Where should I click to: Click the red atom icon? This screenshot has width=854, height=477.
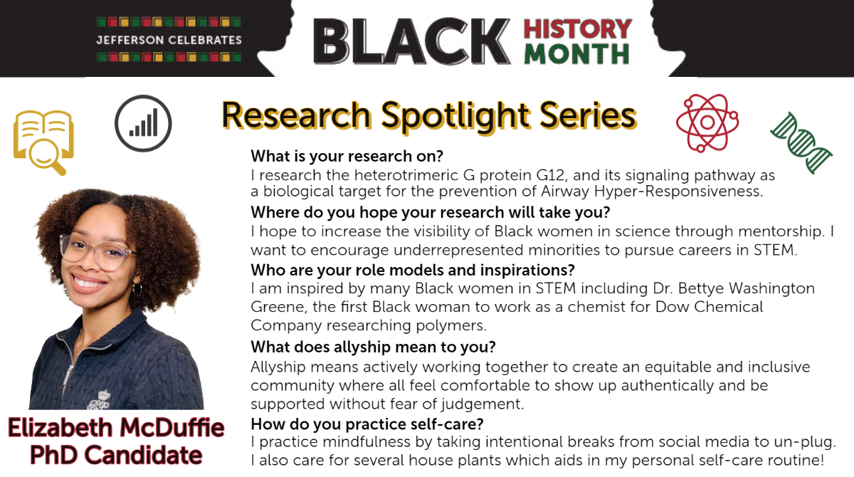707,122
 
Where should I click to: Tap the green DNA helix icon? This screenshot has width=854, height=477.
801,143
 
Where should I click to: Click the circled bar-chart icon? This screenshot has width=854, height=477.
143,124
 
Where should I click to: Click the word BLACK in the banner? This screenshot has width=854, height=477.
412,41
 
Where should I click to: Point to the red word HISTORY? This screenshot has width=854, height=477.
578,29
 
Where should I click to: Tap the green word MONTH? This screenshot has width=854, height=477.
576,54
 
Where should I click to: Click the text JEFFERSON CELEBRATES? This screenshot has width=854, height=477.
169,40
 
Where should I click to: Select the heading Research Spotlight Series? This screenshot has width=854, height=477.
429,116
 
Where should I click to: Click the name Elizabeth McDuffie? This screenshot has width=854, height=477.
116,427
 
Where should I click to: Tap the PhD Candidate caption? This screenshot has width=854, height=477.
116,455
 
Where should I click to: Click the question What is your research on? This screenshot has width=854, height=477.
347,157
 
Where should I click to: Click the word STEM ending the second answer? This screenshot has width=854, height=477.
775,250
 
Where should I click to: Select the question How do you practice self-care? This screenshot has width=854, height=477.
367,424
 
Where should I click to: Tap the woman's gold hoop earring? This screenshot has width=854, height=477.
137,290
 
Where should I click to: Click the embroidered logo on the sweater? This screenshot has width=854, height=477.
100,399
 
